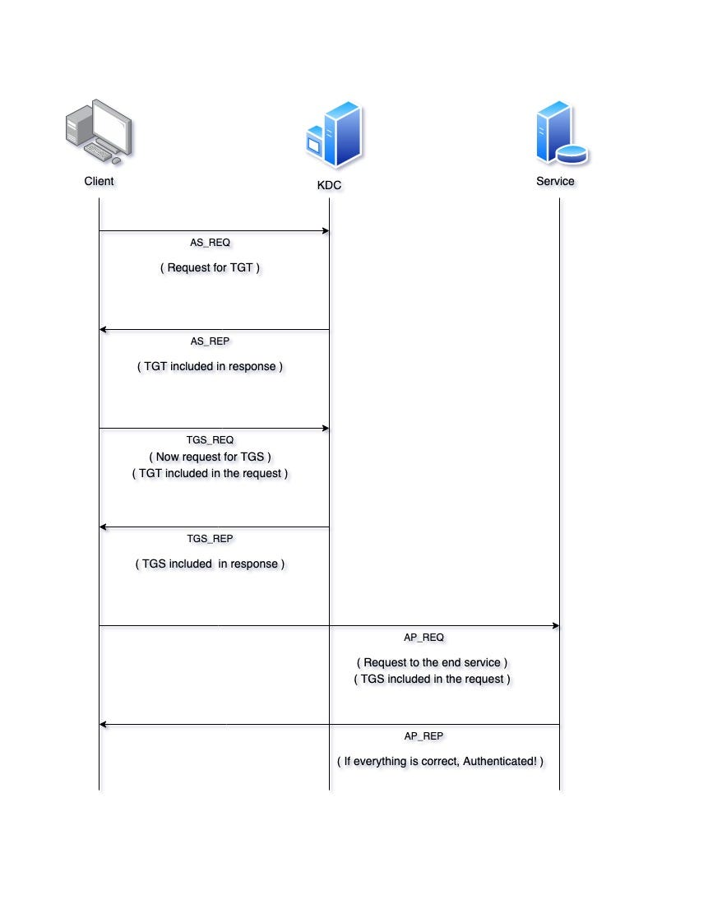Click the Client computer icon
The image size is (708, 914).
click(99, 132)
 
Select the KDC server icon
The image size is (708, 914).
click(333, 136)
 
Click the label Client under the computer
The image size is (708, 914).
click(99, 181)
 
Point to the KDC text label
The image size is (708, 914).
click(329, 186)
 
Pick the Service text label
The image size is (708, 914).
click(555, 181)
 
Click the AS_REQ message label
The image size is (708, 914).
click(211, 243)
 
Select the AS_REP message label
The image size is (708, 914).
click(211, 341)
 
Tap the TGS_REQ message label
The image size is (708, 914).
click(211, 440)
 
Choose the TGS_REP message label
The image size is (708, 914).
click(211, 539)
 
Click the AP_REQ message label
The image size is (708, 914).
click(424, 638)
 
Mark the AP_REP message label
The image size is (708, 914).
click(424, 736)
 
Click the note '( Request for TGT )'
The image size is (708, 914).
click(211, 268)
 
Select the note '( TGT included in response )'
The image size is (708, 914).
click(211, 367)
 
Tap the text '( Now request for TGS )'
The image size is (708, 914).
click(211, 457)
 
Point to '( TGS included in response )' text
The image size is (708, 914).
click(211, 564)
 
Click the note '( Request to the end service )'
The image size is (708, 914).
click(433, 662)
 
